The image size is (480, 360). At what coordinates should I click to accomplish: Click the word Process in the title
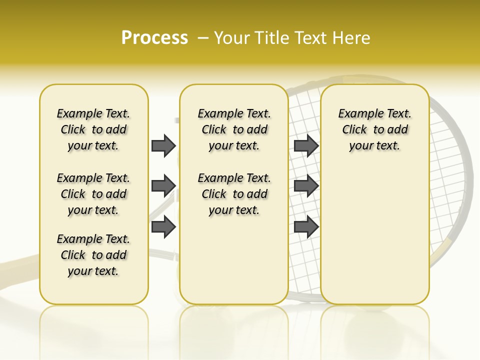tap(154, 38)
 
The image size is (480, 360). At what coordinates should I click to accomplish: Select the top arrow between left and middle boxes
tap(163, 145)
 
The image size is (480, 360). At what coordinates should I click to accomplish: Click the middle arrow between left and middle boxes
tap(163, 186)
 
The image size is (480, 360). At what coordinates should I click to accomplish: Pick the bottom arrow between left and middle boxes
tap(163, 226)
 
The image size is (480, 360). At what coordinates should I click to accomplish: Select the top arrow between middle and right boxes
tap(306, 145)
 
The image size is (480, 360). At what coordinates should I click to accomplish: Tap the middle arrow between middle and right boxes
tap(306, 186)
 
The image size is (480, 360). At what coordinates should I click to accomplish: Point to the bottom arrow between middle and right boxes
tap(306, 226)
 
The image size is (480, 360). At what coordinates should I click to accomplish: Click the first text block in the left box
tap(93, 129)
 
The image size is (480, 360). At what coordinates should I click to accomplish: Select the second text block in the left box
tap(93, 194)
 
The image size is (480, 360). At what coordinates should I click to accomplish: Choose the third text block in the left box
tap(93, 255)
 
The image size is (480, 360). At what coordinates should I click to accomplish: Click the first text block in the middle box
tap(234, 129)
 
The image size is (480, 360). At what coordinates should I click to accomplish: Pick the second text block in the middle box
tap(234, 194)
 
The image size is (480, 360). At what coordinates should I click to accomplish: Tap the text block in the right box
tap(375, 129)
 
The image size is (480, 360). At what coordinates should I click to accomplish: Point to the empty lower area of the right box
tap(375, 235)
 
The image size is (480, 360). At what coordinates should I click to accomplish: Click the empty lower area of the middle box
tap(234, 260)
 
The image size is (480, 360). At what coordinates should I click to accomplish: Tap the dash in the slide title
tap(203, 38)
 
